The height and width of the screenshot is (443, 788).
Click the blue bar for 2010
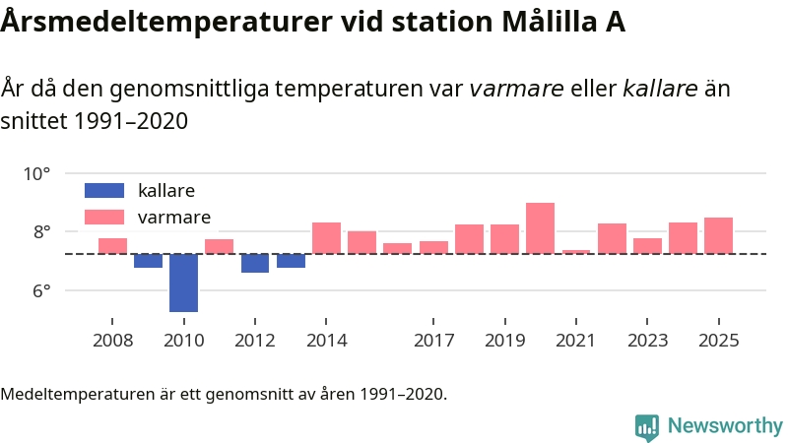coord(183,283)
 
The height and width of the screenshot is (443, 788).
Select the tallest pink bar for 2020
coord(540,228)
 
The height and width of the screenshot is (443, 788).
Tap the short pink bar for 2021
coord(576,252)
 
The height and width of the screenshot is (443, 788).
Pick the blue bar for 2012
coord(255,263)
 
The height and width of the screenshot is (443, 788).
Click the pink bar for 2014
coord(326,238)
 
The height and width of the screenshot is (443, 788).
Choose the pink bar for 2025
coord(718,235)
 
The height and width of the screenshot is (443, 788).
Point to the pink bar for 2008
coord(112,246)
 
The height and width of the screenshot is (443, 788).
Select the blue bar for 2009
coord(148,261)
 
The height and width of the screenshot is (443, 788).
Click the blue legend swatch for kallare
coord(104,190)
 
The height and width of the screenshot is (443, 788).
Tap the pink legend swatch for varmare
coord(104,217)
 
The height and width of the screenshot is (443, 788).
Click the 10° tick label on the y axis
coord(36,174)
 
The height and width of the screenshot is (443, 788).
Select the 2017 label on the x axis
coord(433,341)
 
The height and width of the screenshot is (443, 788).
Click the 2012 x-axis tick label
coord(255,341)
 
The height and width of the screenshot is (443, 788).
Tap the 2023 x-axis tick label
coord(647,341)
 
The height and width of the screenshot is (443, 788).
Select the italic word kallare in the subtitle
coord(661,90)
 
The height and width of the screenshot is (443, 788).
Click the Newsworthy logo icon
coord(647,426)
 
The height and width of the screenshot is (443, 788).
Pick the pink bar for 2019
coord(504,239)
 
